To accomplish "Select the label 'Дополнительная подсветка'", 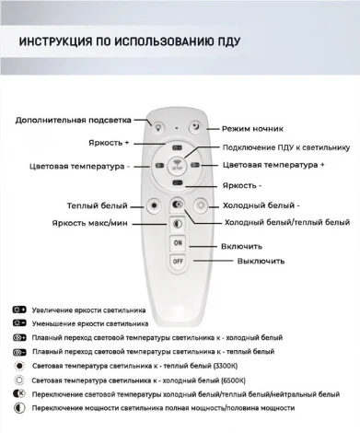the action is pyautogui.click(x=73, y=120).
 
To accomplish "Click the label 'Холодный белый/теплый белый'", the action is pyautogui.click(x=287, y=222).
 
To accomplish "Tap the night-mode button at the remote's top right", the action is pyautogui.click(x=195, y=126).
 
